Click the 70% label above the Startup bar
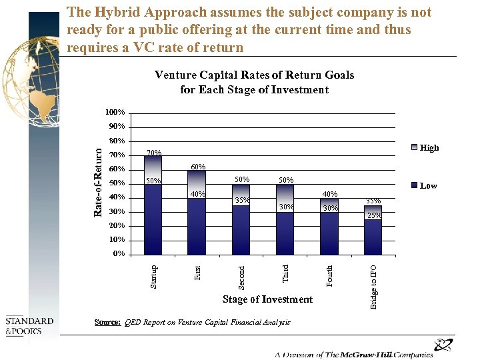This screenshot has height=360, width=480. pos(153,153)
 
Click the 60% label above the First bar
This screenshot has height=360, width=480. pos(198,167)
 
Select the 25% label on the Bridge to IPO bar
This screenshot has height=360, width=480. pos(375,215)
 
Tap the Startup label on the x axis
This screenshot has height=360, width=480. pos(154,276)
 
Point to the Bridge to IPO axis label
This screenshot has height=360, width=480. pos(374,286)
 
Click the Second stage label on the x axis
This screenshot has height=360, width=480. pos(242,277)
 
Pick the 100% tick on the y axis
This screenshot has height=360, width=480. pos(114,112)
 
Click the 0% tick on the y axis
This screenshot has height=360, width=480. pos(117,254)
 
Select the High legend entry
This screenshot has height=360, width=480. pos(429,148)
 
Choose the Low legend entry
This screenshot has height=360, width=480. pos(428,186)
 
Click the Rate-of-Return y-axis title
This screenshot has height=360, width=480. pos(98,181)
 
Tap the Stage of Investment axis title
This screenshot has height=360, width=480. pos(267,299)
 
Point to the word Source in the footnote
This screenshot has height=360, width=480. pos(107,322)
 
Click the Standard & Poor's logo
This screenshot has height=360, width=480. pos(29,326)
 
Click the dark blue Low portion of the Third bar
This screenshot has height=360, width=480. pos(285,233)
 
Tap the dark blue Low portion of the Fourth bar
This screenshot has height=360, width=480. pos(329,233)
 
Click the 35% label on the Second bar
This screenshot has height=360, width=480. pos(241,200)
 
